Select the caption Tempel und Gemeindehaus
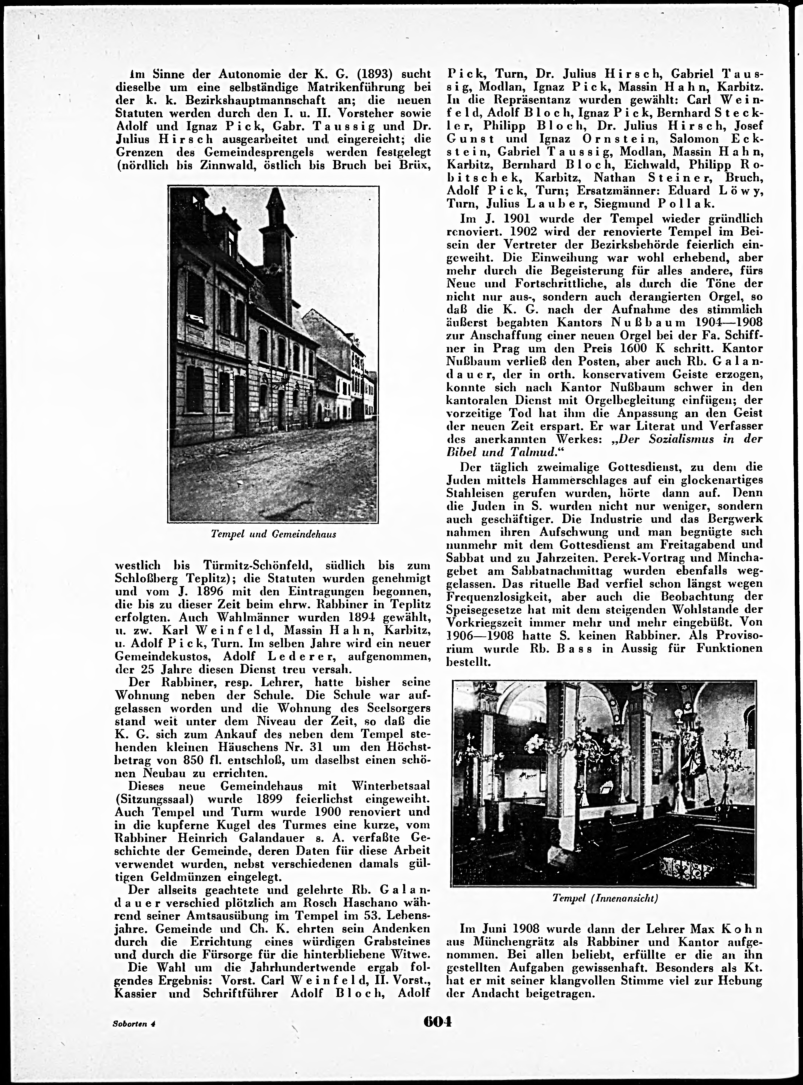[274, 534]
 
